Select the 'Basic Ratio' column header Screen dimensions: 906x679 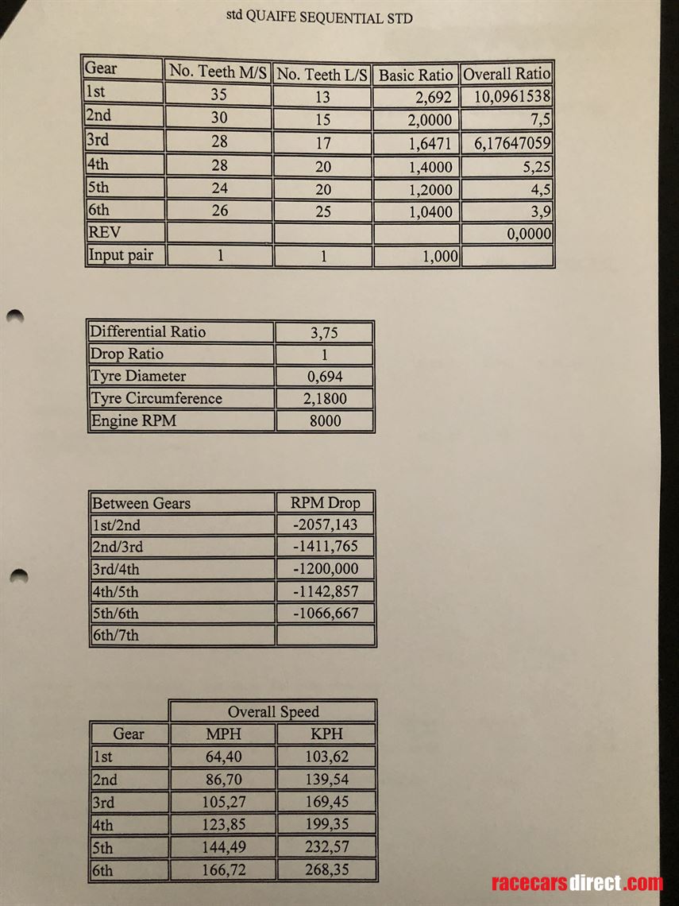(x=415, y=75)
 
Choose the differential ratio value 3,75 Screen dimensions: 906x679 (x=324, y=332)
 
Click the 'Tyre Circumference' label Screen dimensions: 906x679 (x=156, y=398)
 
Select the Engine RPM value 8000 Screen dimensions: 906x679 (x=324, y=421)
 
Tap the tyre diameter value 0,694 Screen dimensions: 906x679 (x=324, y=377)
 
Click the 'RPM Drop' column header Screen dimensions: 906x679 (x=326, y=503)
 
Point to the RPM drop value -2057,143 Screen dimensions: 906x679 (x=326, y=525)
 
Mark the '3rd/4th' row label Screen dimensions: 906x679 (x=118, y=569)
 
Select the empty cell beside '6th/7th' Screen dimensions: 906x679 (x=326, y=635)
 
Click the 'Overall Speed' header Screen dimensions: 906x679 (x=272, y=712)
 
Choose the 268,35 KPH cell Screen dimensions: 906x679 (x=326, y=869)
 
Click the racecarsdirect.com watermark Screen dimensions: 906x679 (x=577, y=883)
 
